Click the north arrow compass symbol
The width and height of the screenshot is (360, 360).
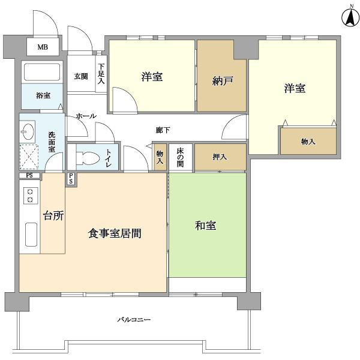[x=350, y=17]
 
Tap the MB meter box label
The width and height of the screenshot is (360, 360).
[x=43, y=47]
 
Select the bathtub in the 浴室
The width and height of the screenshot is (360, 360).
[x=42, y=72]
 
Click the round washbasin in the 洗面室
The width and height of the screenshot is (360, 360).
[x=28, y=131]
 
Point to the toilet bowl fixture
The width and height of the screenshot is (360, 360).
[x=88, y=158]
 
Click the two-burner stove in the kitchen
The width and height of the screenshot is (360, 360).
[x=31, y=196]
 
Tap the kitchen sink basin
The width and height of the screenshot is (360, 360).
[x=31, y=235]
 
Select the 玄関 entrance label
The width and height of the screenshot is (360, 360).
[x=81, y=76]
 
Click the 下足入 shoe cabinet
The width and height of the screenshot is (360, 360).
[x=101, y=74]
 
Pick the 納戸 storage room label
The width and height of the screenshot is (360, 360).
[x=222, y=81]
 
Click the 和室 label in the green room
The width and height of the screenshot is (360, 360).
[x=205, y=226]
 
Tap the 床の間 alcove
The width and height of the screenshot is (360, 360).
[x=181, y=157]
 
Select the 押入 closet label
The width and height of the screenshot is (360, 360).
[x=220, y=157]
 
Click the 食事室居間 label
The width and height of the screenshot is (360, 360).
[x=115, y=233]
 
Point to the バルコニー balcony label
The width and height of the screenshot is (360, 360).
[x=134, y=319]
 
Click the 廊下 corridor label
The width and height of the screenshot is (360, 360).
[x=163, y=130]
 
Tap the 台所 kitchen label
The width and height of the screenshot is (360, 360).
[x=53, y=215]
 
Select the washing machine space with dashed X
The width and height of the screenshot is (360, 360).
[x=29, y=157]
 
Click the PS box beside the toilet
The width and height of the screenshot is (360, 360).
[x=71, y=179]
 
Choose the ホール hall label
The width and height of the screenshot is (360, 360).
[x=86, y=116]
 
